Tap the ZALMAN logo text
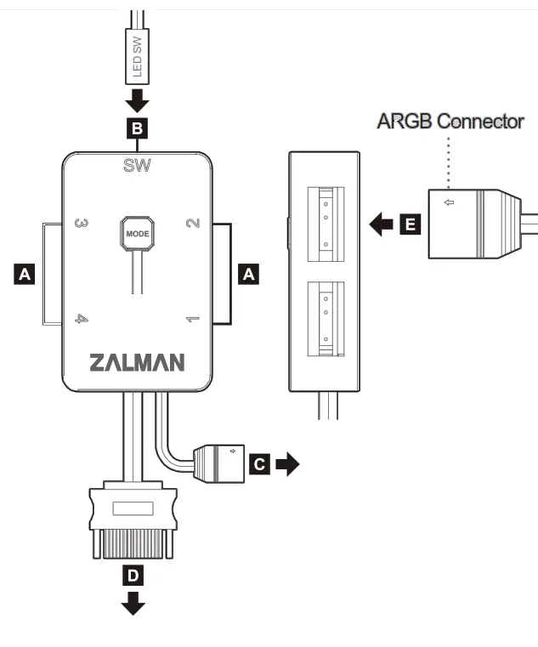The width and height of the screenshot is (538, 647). pyautogui.click(x=137, y=363)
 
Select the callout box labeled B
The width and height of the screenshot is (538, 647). pyautogui.click(x=137, y=128)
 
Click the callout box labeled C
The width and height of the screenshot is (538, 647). pyautogui.click(x=260, y=464)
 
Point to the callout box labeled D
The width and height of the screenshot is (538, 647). pyautogui.click(x=132, y=576)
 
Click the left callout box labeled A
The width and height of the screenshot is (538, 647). pyautogui.click(x=25, y=274)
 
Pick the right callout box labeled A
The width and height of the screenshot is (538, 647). pyautogui.click(x=248, y=274)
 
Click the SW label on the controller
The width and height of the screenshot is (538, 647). pyautogui.click(x=137, y=166)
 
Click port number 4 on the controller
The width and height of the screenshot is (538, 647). pyautogui.click(x=82, y=321)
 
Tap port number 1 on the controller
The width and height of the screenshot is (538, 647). pyautogui.click(x=192, y=321)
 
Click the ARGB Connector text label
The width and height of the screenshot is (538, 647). pyautogui.click(x=450, y=122)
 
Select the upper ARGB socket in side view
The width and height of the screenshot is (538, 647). pyautogui.click(x=325, y=221)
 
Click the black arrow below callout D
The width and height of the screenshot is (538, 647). pyautogui.click(x=133, y=605)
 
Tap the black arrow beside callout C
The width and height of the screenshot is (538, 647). pyautogui.click(x=289, y=464)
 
